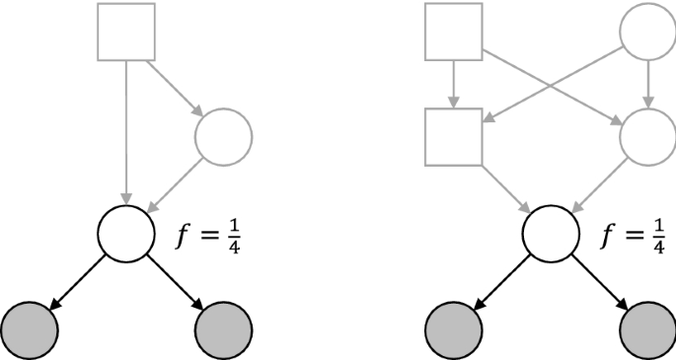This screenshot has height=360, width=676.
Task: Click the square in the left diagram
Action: click(126, 31)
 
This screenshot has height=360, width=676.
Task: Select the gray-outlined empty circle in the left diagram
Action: click(225, 135)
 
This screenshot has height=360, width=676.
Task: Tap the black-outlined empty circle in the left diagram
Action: click(126, 231)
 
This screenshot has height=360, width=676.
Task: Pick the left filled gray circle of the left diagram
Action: click(31, 325)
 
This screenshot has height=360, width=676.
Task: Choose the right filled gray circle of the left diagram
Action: click(225, 325)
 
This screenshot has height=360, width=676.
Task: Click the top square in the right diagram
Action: click(454, 32)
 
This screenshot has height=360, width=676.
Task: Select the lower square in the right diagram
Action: click(454, 135)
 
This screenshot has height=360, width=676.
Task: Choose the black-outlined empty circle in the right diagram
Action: click(551, 232)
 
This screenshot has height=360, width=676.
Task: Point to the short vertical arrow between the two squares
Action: click(453, 84)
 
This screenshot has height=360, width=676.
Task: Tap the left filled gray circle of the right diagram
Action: click(454, 325)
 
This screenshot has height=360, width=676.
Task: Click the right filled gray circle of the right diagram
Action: click(647, 325)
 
